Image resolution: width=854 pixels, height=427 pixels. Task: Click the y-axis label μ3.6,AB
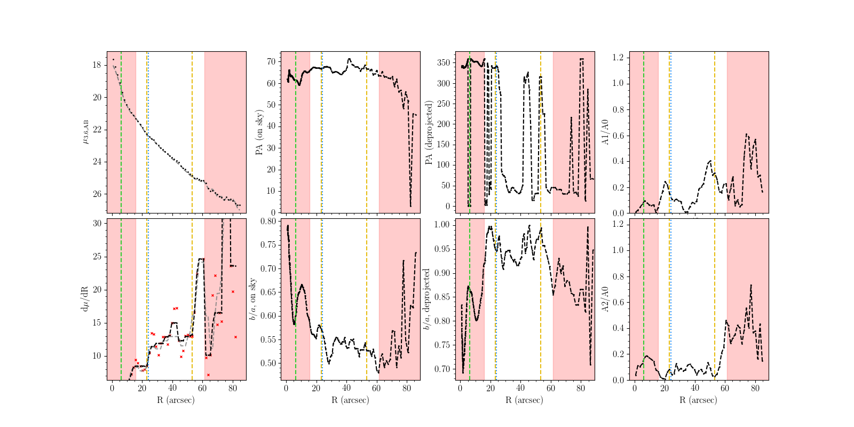(x=86, y=131)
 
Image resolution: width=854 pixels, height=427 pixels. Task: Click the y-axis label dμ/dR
(x=84, y=299)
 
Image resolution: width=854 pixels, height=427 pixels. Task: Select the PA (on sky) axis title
(x=260, y=132)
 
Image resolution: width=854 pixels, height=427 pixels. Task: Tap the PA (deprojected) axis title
(x=429, y=132)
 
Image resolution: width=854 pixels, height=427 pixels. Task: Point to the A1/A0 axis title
(x=605, y=132)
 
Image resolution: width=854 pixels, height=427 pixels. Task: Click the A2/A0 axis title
(x=605, y=299)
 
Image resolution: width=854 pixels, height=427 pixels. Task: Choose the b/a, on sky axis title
(x=252, y=299)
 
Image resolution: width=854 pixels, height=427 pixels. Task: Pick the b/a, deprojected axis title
(x=427, y=299)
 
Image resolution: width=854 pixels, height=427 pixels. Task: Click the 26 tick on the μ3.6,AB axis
(x=97, y=194)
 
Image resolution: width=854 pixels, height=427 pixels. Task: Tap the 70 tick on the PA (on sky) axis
(x=271, y=62)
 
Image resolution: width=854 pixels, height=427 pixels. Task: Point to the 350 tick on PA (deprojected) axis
(x=442, y=63)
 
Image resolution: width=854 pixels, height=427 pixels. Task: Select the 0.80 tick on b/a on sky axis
(x=268, y=222)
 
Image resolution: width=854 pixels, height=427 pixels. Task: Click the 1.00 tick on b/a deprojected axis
(x=442, y=225)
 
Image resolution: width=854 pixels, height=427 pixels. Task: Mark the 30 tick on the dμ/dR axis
(x=97, y=224)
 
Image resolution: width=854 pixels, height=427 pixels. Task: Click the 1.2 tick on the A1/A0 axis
(x=618, y=58)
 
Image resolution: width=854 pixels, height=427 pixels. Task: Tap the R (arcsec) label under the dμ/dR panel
(x=176, y=400)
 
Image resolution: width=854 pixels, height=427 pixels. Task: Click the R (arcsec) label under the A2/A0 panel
(x=699, y=400)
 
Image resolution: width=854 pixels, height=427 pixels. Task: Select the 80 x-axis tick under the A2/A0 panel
(x=755, y=389)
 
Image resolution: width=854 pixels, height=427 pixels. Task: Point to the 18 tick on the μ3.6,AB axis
(x=97, y=65)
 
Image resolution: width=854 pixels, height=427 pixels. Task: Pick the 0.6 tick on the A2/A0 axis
(x=618, y=303)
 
